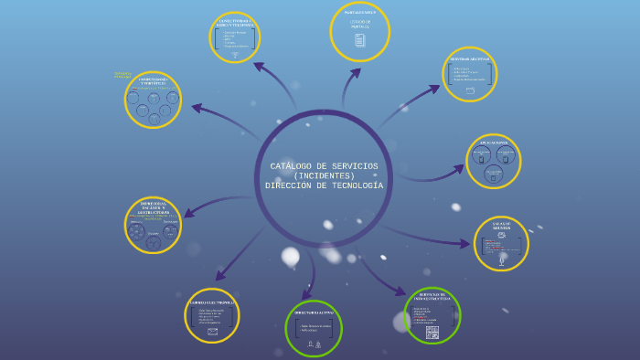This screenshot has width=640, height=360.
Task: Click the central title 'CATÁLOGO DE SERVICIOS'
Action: pyautogui.click(x=324, y=166)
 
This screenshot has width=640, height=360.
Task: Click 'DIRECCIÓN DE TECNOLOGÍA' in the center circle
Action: pyautogui.click(x=324, y=185)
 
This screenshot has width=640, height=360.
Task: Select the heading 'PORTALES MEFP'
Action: pyautogui.click(x=359, y=13)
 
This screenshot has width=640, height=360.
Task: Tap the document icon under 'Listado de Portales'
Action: pyautogui.click(x=359, y=40)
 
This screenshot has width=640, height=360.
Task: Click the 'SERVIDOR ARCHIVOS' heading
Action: pyautogui.click(x=470, y=58)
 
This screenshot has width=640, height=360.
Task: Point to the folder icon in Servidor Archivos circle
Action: pyautogui.click(x=470, y=90)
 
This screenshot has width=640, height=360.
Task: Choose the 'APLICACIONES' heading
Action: pyautogui.click(x=494, y=143)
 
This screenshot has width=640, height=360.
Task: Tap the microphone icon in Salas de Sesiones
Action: pyautogui.click(x=501, y=260)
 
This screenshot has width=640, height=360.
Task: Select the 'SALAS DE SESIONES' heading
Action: pyautogui.click(x=501, y=225)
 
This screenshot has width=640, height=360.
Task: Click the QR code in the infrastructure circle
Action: pyautogui.click(x=432, y=332)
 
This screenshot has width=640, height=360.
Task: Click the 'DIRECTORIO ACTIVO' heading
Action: pyautogui.click(x=314, y=312)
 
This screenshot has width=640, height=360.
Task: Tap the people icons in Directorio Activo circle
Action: pyautogui.click(x=314, y=344)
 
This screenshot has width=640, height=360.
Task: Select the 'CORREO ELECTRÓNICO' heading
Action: pyautogui.click(x=212, y=302)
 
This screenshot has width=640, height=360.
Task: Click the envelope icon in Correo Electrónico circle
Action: pyautogui.click(x=212, y=331)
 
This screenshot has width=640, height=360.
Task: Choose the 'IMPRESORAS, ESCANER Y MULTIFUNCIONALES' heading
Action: pyautogui.click(x=153, y=207)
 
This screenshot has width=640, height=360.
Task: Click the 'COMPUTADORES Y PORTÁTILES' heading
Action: pyautogui.click(x=152, y=81)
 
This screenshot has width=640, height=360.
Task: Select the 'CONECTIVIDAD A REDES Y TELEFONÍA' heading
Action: pyautogui.click(x=235, y=22)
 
